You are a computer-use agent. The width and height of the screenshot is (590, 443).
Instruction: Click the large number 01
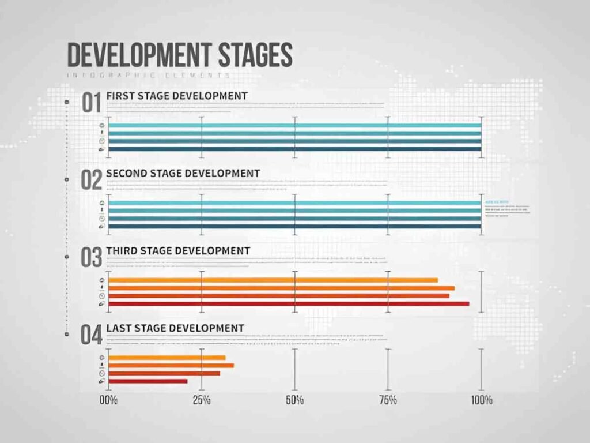coord(92,103)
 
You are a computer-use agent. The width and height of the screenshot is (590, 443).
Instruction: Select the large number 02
coord(92,180)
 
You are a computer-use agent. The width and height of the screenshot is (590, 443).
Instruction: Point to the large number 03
coord(92,257)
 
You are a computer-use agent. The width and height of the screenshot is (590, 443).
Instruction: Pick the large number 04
coord(92,335)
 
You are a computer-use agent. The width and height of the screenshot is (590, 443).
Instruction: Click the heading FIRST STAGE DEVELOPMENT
coord(177,95)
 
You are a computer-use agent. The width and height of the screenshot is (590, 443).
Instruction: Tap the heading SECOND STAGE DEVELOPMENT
coord(183,172)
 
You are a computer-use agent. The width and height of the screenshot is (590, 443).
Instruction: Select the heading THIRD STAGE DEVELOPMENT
coord(178,250)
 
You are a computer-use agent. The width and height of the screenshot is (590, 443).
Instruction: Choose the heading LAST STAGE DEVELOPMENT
coord(175,328)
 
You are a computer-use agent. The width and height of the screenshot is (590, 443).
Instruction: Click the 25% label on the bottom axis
coord(202,400)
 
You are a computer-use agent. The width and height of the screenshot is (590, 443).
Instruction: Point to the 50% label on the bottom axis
coord(294,400)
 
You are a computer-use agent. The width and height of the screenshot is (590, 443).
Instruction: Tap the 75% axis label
coord(388,400)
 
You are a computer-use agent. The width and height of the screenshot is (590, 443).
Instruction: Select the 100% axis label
coord(481,400)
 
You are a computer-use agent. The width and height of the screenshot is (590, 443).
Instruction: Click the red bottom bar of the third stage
coord(288,303)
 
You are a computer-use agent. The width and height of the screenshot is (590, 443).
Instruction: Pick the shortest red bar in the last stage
coord(147,381)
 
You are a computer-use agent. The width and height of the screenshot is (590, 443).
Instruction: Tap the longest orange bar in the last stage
coord(171,365)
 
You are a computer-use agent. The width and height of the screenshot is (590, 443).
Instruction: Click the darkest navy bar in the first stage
coord(294,149)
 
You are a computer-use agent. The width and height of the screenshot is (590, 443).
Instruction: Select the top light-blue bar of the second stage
coord(294,203)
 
